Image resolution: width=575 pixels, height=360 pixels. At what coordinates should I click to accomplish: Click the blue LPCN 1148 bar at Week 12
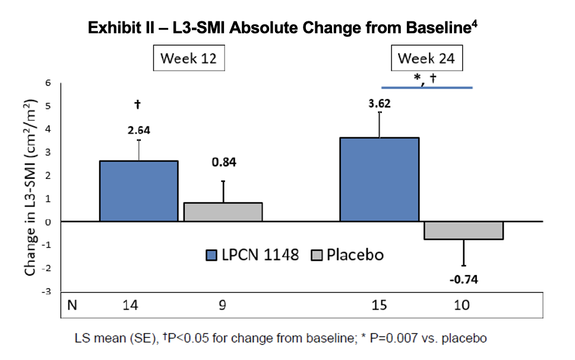point(138,191)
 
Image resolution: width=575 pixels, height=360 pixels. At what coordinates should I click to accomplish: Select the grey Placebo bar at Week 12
point(223,211)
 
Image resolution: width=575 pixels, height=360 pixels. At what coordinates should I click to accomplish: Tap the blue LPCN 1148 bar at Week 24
point(380,179)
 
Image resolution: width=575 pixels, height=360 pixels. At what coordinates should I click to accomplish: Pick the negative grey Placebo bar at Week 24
point(463,230)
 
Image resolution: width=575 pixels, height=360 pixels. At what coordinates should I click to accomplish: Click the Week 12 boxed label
point(189,59)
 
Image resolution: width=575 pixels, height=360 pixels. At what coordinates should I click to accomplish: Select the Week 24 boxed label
point(426,59)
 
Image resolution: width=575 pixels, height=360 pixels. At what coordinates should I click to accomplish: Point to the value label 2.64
point(138,130)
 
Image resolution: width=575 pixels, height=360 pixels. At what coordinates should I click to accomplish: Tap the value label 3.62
point(380,103)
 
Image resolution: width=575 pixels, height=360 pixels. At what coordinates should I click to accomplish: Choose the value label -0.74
point(463,279)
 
